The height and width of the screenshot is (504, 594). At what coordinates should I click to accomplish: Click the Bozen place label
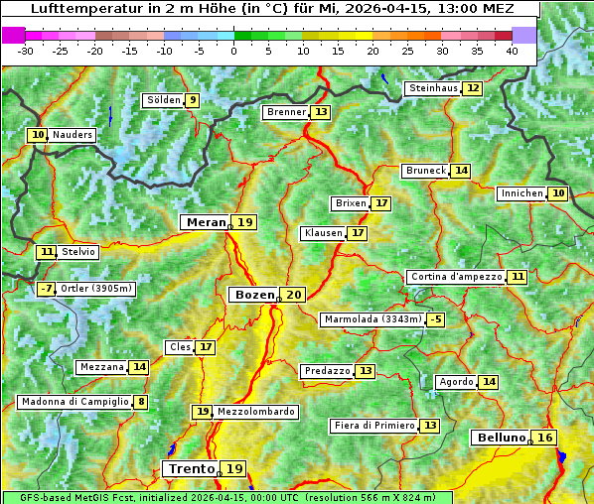coord(254,295)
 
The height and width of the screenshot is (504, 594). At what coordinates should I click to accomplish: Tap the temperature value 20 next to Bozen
coord(293,295)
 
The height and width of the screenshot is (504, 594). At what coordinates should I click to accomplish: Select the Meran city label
coord(206,222)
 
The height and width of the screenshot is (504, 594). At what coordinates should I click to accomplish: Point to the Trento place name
coord(191,468)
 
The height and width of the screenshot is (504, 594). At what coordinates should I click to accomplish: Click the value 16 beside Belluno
coord(544,438)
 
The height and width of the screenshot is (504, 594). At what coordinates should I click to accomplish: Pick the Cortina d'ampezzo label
coord(456,277)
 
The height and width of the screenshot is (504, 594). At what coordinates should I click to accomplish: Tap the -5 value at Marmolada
coord(435,319)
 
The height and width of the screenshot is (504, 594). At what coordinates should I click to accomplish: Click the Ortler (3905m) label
coord(95,289)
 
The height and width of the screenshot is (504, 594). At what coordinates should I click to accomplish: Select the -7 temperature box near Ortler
coord(46,289)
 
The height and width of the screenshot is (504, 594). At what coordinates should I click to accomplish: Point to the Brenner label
coord(286,112)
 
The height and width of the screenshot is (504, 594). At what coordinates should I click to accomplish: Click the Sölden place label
coord(163,100)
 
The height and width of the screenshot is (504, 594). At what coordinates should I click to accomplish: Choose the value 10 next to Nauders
coord(38,135)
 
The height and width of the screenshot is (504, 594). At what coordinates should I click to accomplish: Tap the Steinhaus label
coord(433,88)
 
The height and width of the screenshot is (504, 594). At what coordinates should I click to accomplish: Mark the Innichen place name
coord(521,193)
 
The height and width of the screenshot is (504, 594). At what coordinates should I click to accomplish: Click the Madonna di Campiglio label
coord(74,402)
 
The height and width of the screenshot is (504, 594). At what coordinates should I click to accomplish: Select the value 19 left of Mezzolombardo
coord(202,412)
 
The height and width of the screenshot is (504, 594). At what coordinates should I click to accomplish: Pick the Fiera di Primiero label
coord(373,426)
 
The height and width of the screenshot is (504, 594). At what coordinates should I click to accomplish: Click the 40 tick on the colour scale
coord(512,50)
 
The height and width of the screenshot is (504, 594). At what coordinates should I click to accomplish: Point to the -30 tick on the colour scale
coord(26,50)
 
